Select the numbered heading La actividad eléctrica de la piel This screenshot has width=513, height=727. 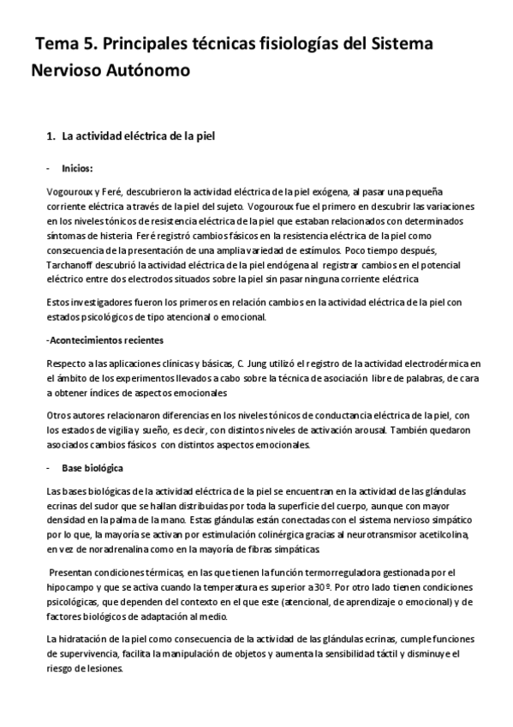(x=142, y=135)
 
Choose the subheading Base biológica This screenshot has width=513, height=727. (x=92, y=468)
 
